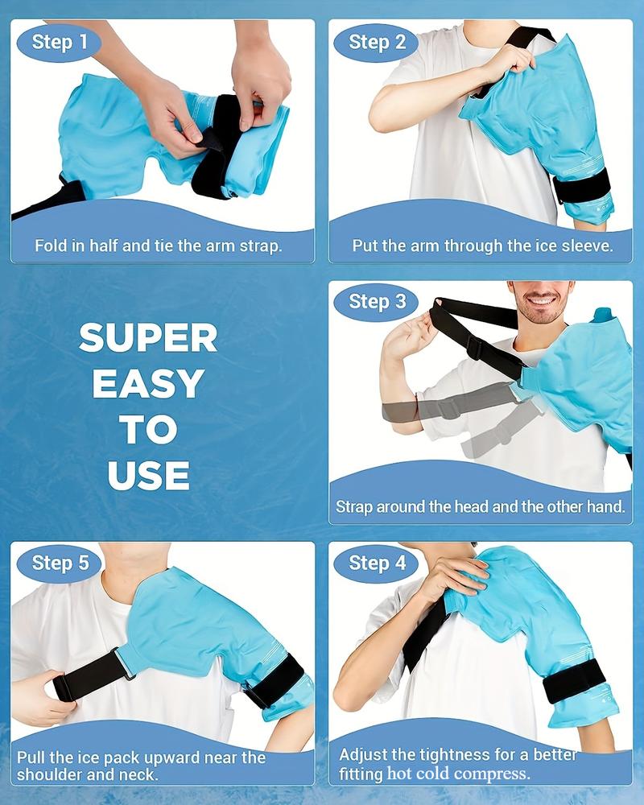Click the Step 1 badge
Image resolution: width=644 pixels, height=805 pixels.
click(60, 42)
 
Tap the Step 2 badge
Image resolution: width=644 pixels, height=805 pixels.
click(377, 42)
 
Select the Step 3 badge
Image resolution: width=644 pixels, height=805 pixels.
click(377, 302)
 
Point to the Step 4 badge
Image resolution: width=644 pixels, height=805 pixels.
click(377, 563)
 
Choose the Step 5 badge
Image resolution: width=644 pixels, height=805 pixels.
click(60, 563)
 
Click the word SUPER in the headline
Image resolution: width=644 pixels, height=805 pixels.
click(148, 338)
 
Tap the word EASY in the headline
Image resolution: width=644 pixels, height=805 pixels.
click(148, 383)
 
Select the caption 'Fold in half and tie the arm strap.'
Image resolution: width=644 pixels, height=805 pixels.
click(158, 246)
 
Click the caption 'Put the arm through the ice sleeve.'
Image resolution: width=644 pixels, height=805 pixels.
click(483, 246)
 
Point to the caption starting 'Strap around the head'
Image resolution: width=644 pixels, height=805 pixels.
click(480, 506)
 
